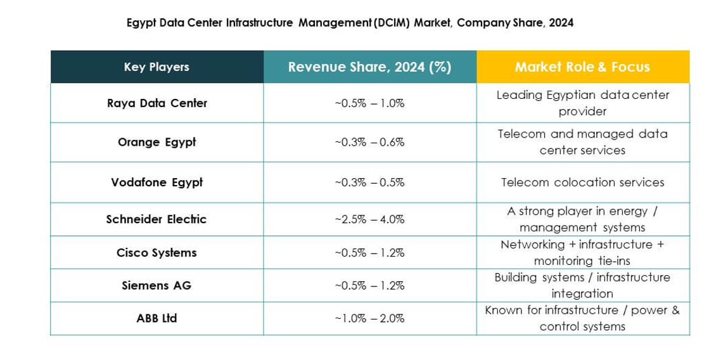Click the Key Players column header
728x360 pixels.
[x=156, y=67]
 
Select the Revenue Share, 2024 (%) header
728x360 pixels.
[x=369, y=67]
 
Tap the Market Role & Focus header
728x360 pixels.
[x=582, y=67]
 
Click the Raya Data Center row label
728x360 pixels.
[x=156, y=103]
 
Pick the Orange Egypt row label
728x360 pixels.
[x=156, y=143]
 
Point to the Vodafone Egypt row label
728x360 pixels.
[x=156, y=183]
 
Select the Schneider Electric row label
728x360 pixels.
[x=156, y=219]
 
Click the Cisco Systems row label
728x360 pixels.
[x=156, y=253]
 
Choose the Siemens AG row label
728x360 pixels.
[x=156, y=286]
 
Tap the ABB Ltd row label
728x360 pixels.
[x=156, y=319]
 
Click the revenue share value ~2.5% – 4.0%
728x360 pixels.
[x=369, y=219]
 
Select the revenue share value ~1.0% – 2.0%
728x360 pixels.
[x=369, y=319]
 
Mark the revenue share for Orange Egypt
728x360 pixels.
[x=369, y=143]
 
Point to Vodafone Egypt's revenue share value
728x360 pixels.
[x=369, y=183]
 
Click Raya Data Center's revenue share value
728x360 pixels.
[x=369, y=103]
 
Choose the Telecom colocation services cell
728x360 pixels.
[x=582, y=183]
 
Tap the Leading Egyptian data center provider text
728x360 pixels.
[x=582, y=103]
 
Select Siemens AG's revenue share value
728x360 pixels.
[x=369, y=286]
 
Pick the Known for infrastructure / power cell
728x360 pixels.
[x=582, y=318]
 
